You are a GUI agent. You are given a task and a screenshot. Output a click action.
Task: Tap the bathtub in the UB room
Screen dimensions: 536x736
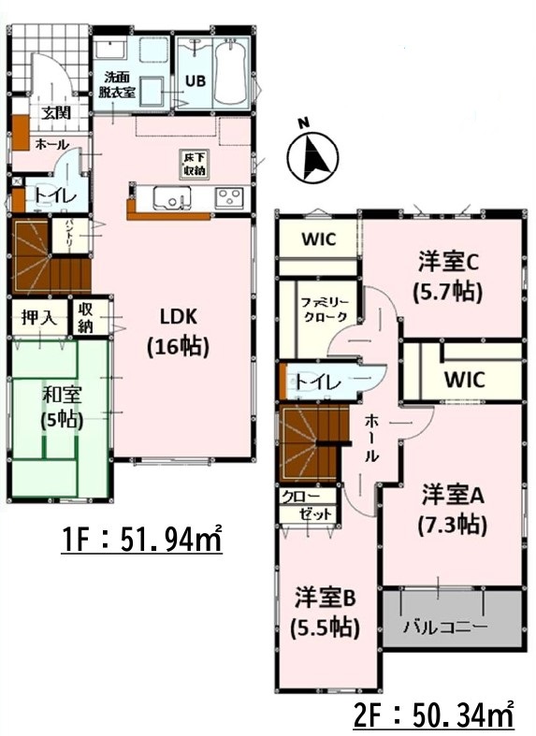click(231, 73)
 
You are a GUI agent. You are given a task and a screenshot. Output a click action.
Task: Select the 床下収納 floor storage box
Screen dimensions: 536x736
click(195, 165)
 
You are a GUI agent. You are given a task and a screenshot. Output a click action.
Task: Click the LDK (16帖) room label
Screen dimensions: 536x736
click(179, 332)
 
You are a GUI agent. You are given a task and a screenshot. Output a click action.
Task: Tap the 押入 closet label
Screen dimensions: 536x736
click(39, 318)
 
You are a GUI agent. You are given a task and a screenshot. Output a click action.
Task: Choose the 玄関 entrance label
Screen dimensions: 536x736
click(56, 112)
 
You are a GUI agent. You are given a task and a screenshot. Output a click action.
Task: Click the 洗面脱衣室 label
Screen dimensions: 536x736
click(117, 84)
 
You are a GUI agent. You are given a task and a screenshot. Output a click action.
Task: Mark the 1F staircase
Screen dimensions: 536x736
click(51, 256)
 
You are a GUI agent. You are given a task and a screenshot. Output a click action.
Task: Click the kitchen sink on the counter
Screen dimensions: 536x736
click(171, 197)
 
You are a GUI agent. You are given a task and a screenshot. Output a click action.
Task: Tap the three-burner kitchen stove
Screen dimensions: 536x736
click(229, 197)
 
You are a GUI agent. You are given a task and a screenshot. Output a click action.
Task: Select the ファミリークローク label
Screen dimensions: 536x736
click(325, 309)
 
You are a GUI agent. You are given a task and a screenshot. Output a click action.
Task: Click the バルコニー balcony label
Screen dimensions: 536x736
click(446, 627)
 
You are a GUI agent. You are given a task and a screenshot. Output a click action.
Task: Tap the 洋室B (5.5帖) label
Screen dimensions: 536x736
click(326, 612)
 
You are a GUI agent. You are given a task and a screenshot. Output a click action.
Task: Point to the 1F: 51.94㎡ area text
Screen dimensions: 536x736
click(141, 539)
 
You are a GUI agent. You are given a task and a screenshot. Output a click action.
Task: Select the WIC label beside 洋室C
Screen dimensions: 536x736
click(319, 238)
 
